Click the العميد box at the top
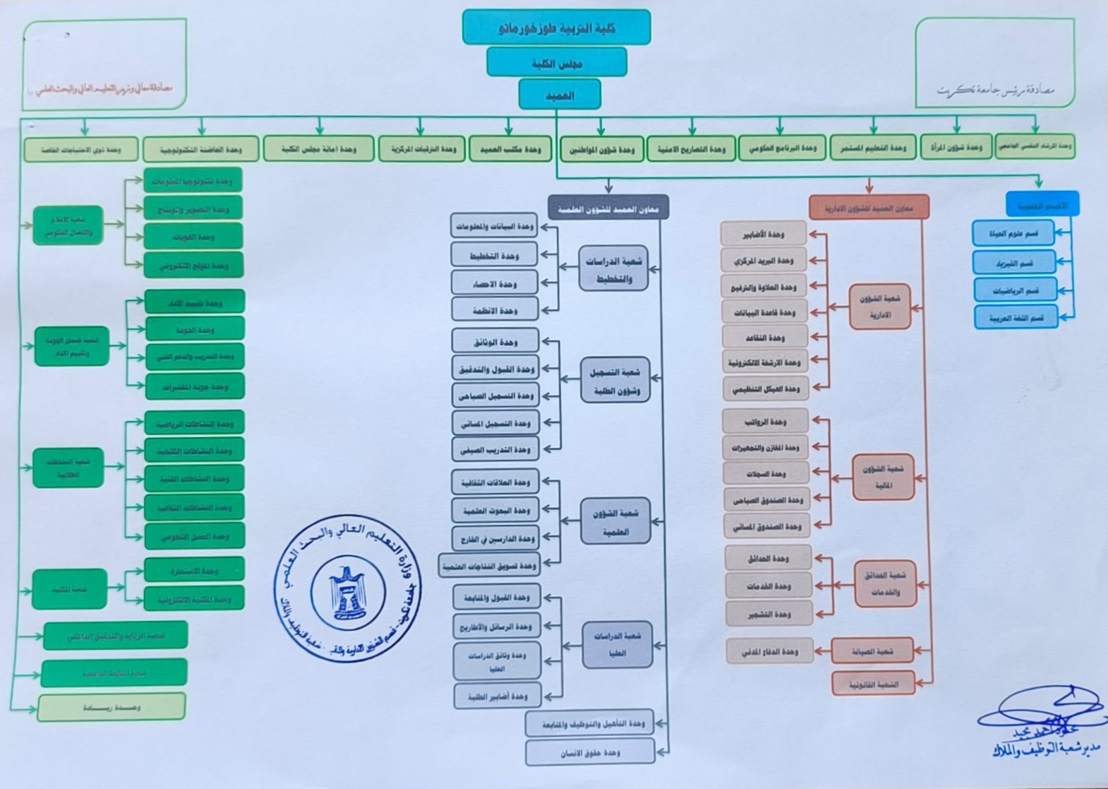click(560, 95)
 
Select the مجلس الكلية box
click(557, 63)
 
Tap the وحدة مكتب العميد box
click(510, 149)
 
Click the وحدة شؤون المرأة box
click(956, 148)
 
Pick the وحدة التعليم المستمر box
click(873, 148)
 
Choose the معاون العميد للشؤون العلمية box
click(608, 208)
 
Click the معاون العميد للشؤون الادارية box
click(869, 208)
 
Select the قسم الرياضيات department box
click(1015, 290)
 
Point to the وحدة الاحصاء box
click(495, 283)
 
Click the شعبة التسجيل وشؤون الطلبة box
click(615, 380)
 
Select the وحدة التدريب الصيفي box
click(495, 449)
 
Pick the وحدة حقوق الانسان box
click(589, 753)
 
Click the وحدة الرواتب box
click(765, 422)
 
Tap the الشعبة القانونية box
click(873, 684)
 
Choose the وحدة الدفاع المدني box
click(769, 651)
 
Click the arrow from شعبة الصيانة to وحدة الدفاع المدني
click(822, 651)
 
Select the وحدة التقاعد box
click(765, 338)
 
